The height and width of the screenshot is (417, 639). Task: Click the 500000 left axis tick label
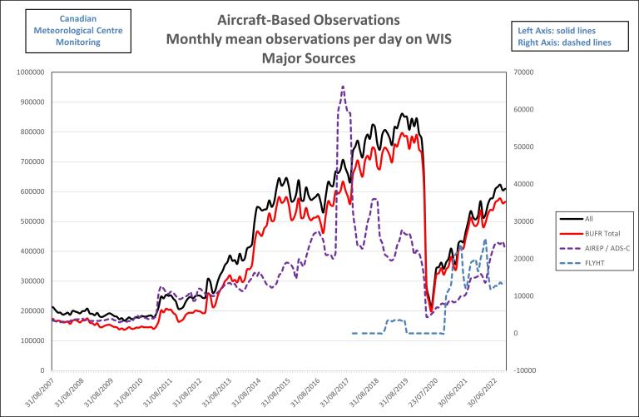tap(32, 221)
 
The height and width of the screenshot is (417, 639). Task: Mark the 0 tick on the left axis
tap(42, 370)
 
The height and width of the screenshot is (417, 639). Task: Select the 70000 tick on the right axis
tap(526, 72)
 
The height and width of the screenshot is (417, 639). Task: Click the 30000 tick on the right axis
tap(526, 221)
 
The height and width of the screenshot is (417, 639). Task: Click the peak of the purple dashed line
tap(343, 86)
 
